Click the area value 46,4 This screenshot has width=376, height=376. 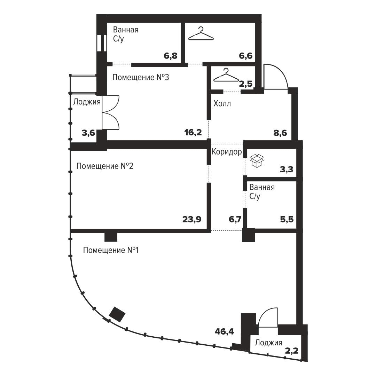[x=224, y=332]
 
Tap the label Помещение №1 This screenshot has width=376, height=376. [x=111, y=250]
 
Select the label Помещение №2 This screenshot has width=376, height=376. [x=105, y=166]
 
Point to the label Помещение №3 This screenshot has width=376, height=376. [x=141, y=77]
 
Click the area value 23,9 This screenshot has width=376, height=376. [x=192, y=219]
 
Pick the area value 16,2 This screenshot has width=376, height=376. [x=193, y=132]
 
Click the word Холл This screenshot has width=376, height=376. [x=222, y=104]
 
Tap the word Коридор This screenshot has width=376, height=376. [x=227, y=152]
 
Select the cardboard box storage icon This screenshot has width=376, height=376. [x=257, y=160]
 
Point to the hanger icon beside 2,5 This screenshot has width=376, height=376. [x=226, y=75]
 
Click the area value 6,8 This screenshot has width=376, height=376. [x=171, y=56]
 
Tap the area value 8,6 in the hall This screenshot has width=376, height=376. [x=280, y=133]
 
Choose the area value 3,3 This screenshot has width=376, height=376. [x=287, y=169]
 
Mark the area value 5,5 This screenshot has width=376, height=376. [x=287, y=219]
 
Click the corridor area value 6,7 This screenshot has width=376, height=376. [x=235, y=219]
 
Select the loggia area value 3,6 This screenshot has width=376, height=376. [x=88, y=133]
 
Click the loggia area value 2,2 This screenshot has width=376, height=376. [x=292, y=351]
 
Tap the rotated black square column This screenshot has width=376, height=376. [x=117, y=314]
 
